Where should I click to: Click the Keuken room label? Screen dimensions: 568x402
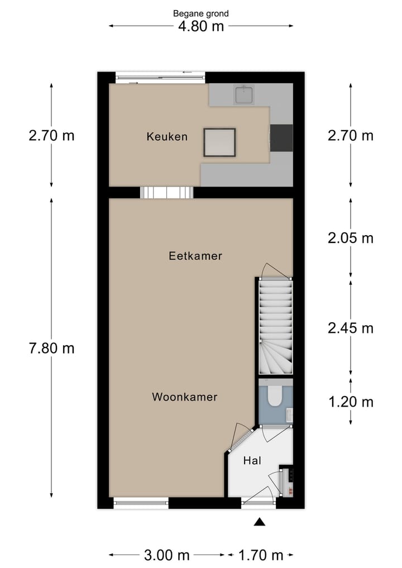tap(167, 136)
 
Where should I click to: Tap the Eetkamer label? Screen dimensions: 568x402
tap(195, 256)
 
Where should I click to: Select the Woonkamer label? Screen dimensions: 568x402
tap(184, 397)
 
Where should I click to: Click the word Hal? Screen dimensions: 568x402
tap(252, 461)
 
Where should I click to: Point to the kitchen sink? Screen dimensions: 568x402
tap(245, 95)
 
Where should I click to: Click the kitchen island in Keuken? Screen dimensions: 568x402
tap(219, 142)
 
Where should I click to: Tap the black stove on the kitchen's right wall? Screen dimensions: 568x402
tap(281, 137)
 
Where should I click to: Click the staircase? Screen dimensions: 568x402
tap(276, 327)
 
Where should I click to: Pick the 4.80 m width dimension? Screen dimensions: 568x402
tap(201, 26)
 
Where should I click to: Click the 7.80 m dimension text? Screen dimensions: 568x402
tap(51, 348)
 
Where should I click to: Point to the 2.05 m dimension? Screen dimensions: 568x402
tap(350, 238)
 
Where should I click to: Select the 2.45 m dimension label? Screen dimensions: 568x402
tap(350, 328)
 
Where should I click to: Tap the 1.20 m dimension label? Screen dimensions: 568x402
tap(350, 402)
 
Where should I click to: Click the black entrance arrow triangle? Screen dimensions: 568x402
tap(259, 522)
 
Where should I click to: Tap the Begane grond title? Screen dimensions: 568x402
tap(201, 13)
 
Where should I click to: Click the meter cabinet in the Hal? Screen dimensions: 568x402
tap(288, 481)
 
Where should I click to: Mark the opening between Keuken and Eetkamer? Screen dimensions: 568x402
tap(166, 193)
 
